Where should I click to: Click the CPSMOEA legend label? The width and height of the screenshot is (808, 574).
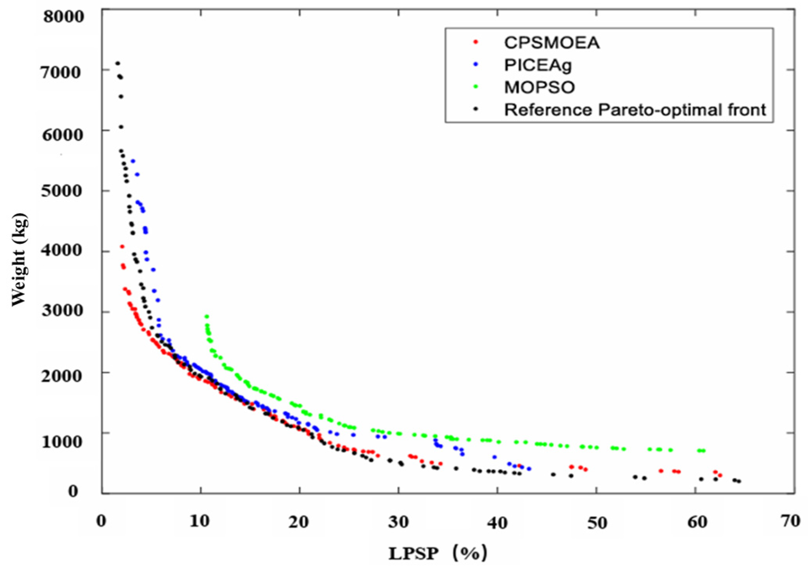coord(551,43)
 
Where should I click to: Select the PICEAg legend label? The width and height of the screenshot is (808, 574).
coord(538,65)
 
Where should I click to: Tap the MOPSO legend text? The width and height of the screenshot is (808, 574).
coord(539,87)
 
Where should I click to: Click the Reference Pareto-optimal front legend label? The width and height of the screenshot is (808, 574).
coord(635,110)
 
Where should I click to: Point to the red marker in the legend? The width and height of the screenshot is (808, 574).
coord(476,42)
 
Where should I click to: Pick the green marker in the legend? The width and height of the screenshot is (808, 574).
coord(476,87)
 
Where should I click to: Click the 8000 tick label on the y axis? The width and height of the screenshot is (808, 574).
coord(63,16)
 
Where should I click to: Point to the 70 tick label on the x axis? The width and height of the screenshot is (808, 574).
coord(790,521)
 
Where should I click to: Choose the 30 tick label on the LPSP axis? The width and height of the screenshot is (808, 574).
coord(399,522)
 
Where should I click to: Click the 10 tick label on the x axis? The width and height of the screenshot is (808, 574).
coord(200,522)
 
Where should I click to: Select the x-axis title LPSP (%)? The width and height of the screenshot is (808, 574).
coord(438,553)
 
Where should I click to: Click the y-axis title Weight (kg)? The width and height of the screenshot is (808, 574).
coord(20,259)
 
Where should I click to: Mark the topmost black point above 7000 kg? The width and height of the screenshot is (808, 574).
coord(117,63)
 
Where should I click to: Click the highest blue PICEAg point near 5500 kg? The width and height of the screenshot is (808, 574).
coord(133,161)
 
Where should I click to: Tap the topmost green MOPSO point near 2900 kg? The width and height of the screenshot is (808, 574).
coord(207,317)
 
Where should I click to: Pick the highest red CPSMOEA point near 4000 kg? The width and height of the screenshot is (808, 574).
coord(122,247)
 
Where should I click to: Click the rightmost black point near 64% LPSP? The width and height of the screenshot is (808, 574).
coord(739,482)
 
